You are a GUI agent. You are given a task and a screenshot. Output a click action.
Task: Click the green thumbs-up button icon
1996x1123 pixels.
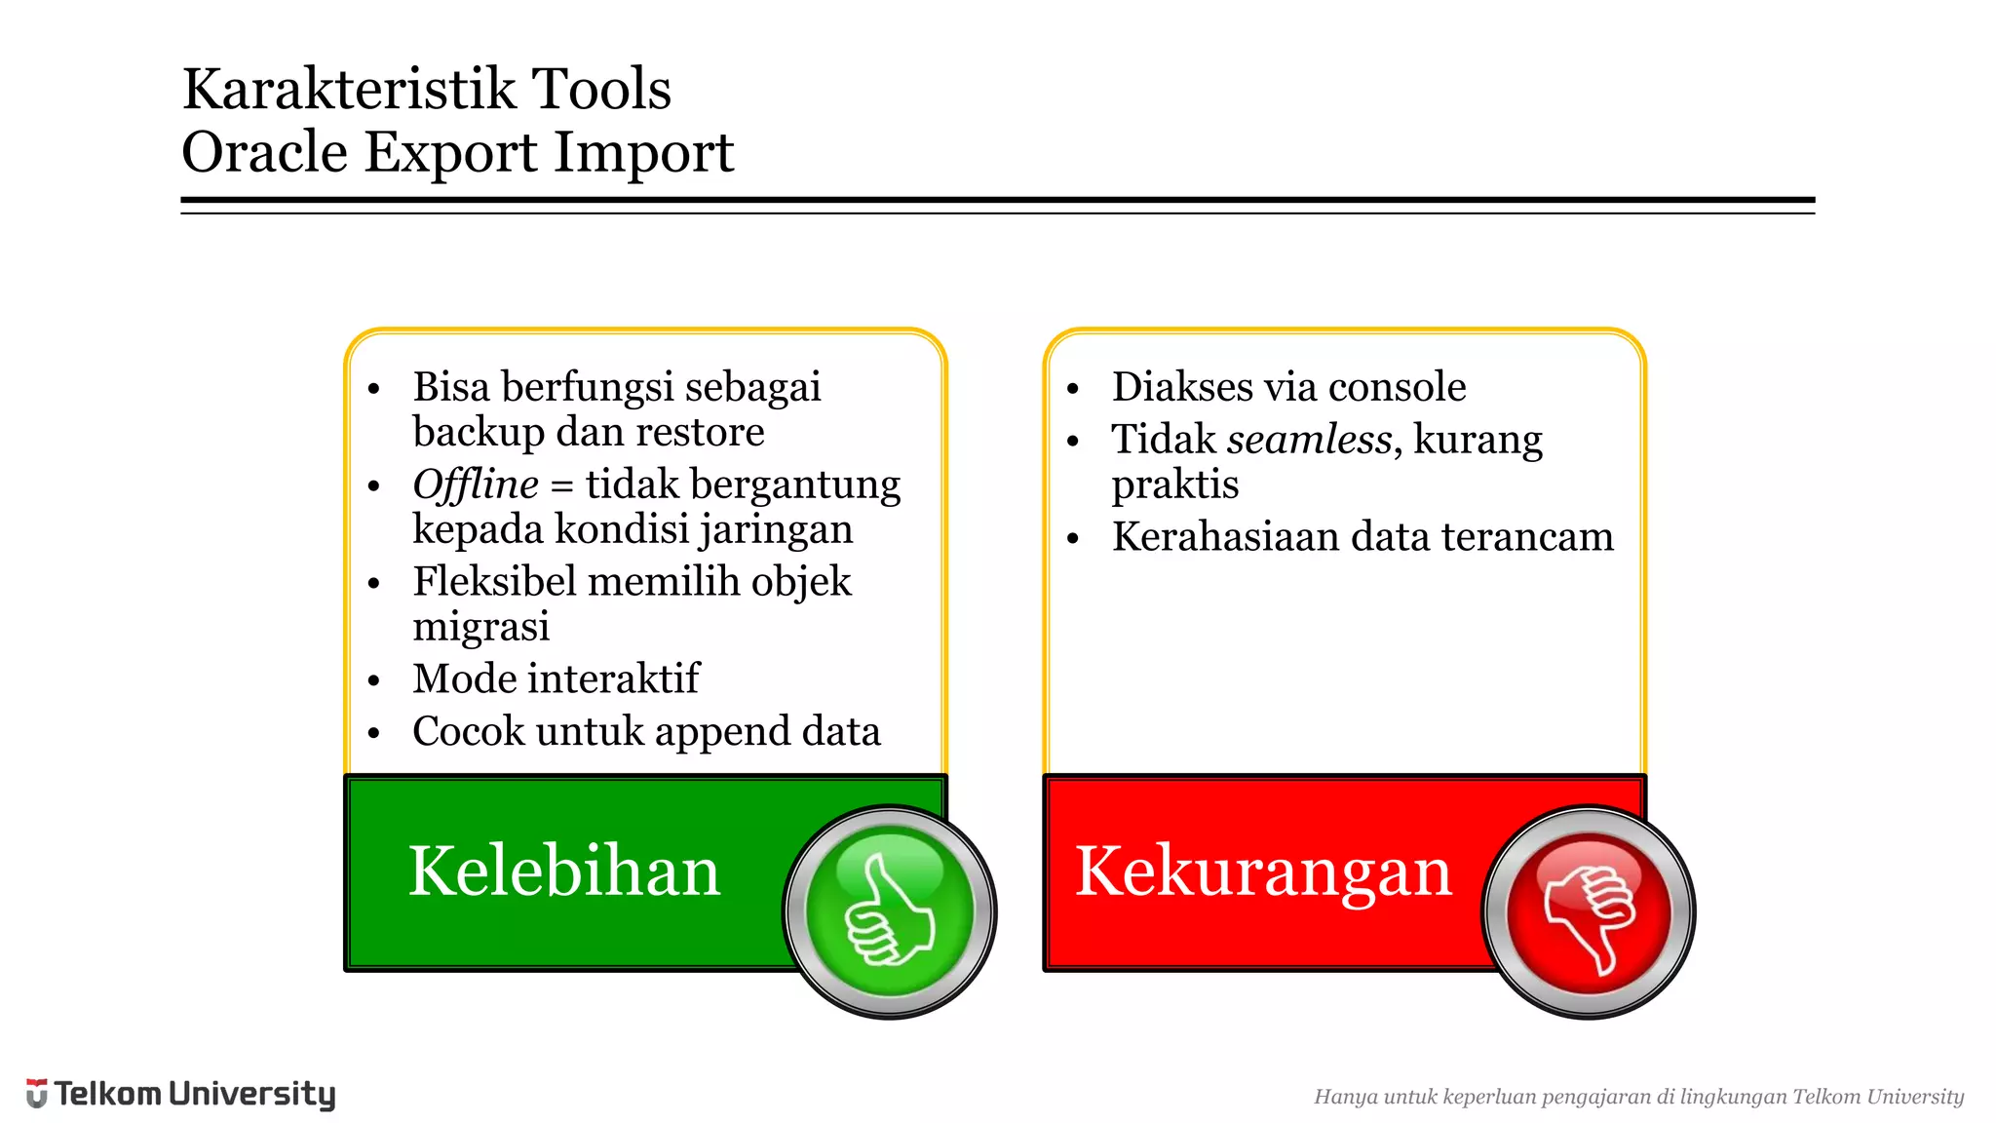[x=889, y=912]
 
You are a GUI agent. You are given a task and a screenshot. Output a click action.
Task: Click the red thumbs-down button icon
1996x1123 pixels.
[x=1589, y=912]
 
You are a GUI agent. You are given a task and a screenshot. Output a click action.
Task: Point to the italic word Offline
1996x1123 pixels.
[x=475, y=484]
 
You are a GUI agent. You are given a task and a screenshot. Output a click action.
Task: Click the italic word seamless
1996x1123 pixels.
[x=1309, y=440]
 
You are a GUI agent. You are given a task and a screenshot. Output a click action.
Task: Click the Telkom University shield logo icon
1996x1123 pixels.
[x=36, y=1094]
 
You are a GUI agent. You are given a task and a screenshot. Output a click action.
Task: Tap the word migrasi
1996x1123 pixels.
[x=480, y=626]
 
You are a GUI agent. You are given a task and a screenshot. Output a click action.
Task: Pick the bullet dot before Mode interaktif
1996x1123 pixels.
[x=373, y=680]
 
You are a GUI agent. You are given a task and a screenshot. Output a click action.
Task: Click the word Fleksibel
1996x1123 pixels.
[x=494, y=581]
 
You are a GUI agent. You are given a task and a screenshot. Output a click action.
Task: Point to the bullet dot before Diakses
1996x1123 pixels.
[x=1073, y=389]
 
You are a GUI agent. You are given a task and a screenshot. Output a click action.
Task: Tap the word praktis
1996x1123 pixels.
[x=1174, y=484]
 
